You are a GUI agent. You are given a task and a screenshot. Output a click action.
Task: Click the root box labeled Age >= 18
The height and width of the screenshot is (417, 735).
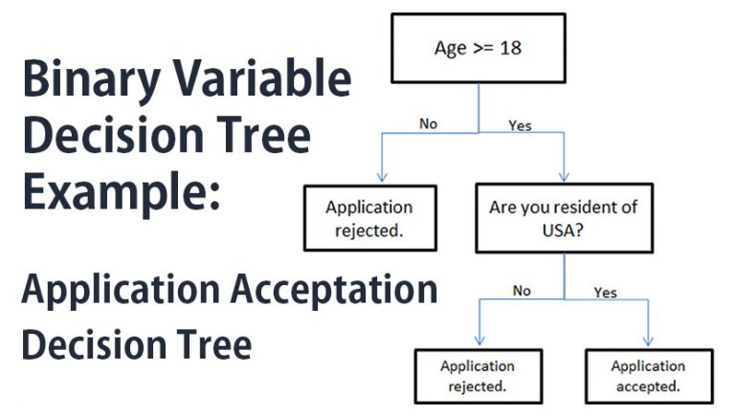[x=479, y=49]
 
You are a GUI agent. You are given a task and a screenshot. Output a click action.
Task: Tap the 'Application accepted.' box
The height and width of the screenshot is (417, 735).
[x=648, y=376]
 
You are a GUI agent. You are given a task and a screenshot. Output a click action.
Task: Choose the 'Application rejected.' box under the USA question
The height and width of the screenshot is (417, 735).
[x=479, y=376]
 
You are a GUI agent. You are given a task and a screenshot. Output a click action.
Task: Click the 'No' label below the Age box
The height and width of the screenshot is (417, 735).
[x=428, y=122]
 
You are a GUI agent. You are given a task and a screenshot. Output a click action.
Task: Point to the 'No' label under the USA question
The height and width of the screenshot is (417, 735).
[x=521, y=290]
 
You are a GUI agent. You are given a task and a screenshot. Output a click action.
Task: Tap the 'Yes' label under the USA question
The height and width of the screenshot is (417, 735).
[x=606, y=291]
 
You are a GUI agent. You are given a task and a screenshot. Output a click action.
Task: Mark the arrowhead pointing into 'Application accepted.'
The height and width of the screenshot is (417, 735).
[x=648, y=341]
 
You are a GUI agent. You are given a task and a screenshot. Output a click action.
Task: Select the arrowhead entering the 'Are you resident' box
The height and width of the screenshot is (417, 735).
[x=564, y=176]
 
